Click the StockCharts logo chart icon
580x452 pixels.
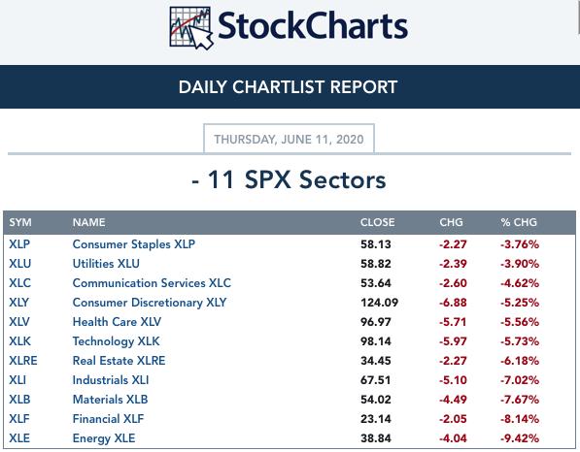click(x=191, y=28)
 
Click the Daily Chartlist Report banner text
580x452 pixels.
click(x=288, y=87)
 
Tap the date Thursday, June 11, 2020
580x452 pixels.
click(x=289, y=140)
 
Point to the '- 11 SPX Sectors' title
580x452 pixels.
click(x=289, y=179)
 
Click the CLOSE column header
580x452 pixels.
click(x=377, y=222)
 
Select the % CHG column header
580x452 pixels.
click(x=519, y=222)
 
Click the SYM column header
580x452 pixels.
click(x=20, y=222)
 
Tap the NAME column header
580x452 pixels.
click(x=88, y=222)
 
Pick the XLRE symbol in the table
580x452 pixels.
click(x=23, y=361)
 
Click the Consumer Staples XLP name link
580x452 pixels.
click(x=133, y=244)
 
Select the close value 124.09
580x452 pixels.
click(x=379, y=303)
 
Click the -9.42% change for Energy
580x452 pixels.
click(x=520, y=438)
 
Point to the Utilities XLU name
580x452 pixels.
click(x=106, y=264)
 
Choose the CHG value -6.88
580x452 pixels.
click(x=453, y=303)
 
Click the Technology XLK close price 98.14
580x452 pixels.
click(x=375, y=341)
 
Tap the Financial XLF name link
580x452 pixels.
click(x=108, y=419)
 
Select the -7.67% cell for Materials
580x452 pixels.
click(x=520, y=400)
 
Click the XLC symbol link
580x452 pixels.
click(x=20, y=283)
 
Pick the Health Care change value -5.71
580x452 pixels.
click(x=453, y=322)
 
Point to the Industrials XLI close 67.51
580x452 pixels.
click(x=375, y=380)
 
